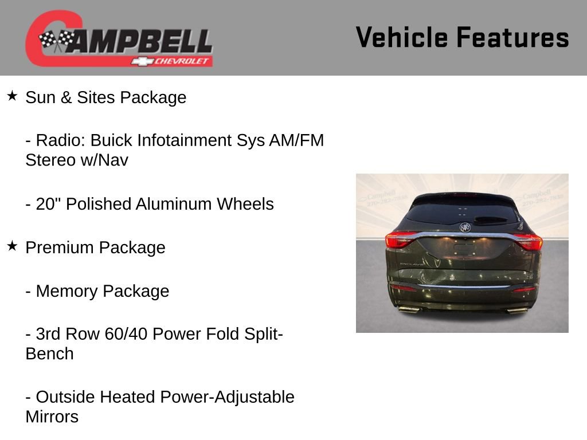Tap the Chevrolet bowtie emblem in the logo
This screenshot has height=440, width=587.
click(x=139, y=61)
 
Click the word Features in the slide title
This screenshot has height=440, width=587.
click(x=512, y=37)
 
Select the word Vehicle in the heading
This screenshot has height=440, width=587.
click(x=401, y=37)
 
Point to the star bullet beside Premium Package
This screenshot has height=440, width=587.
click(x=12, y=246)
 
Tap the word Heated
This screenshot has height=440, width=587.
click(x=129, y=397)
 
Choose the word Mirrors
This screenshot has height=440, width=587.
click(x=52, y=417)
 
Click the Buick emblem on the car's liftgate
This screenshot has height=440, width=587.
click(x=464, y=227)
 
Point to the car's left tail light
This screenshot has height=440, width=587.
click(x=400, y=240)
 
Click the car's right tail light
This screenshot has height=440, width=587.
click(x=529, y=241)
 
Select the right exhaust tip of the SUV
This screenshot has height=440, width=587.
click(x=518, y=310)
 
